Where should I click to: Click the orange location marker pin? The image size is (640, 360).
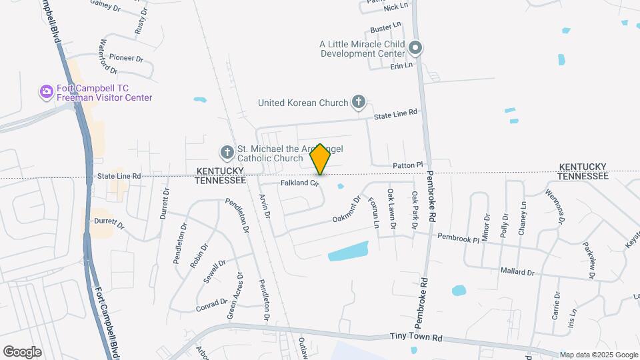pyautogui.click(x=321, y=159)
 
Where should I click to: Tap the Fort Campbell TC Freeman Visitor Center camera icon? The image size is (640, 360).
pyautogui.click(x=46, y=91)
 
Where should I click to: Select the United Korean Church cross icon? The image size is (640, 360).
pyautogui.click(x=359, y=102)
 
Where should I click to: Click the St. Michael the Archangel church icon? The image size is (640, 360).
pyautogui.click(x=227, y=153)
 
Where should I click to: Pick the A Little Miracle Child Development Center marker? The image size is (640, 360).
pyautogui.click(x=416, y=48)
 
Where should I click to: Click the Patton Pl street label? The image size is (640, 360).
pyautogui.click(x=408, y=165)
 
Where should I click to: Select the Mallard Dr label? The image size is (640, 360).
pyautogui.click(x=517, y=272)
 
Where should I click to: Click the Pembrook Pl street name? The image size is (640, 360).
pyautogui.click(x=458, y=237)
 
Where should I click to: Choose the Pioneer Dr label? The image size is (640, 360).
pyautogui.click(x=126, y=58)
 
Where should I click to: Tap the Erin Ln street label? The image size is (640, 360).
pyautogui.click(x=402, y=65)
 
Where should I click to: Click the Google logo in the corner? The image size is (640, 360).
pyautogui.click(x=22, y=352)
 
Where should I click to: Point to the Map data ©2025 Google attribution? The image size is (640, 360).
pyautogui.click(x=599, y=355)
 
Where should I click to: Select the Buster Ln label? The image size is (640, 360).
pyautogui.click(x=386, y=29)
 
